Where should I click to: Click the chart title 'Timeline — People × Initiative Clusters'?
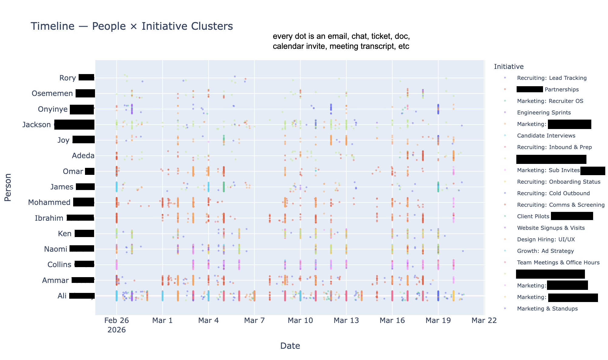point(132,26)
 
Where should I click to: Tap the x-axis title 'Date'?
point(290,346)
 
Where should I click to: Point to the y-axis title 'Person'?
point(8,187)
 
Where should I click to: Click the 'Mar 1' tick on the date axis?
point(162,321)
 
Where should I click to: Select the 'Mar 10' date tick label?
point(300,321)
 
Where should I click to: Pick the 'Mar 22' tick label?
point(484,321)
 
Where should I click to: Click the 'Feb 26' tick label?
point(117,321)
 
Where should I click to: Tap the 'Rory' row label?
point(68,78)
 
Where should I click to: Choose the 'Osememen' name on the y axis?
point(52,93)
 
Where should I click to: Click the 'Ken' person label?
point(65,234)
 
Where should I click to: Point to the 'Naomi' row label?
point(56,249)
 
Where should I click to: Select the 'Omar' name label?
point(73,172)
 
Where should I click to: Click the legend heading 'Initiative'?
point(509,66)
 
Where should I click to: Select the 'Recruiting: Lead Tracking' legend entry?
point(552,78)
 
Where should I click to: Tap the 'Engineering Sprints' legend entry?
point(544,113)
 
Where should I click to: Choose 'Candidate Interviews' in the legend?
point(546,136)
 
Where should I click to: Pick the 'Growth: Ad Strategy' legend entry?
point(545,251)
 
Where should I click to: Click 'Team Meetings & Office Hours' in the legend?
point(558,263)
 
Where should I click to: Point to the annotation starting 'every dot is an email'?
point(341,41)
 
